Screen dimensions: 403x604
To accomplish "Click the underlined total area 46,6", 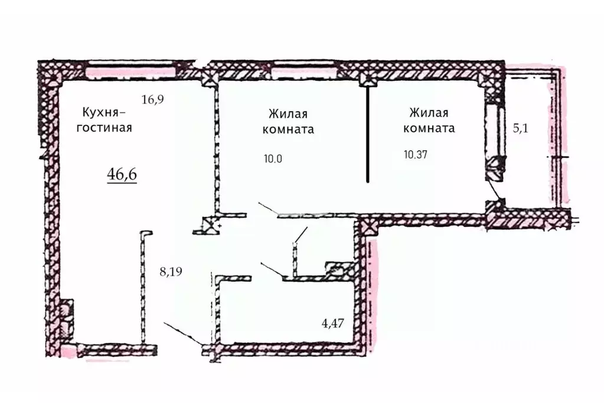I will [122, 175].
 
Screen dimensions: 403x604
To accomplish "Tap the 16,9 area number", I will [152, 99].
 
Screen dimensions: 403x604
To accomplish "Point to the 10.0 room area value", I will [273, 158].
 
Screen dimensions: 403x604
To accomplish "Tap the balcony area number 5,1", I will [520, 127].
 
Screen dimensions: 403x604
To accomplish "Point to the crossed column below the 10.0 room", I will [210, 225].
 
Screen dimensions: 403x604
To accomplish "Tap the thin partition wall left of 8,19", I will [143, 287].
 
